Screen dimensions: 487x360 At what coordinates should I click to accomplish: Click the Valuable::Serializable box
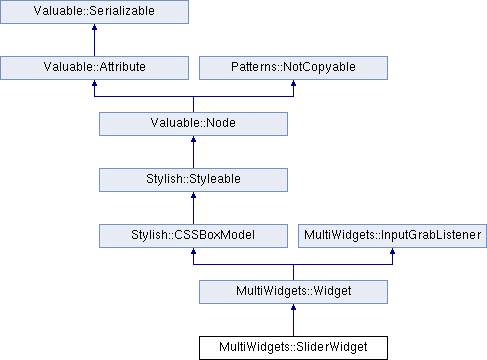point(94,12)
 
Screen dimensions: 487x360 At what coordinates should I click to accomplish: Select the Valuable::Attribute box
point(94,68)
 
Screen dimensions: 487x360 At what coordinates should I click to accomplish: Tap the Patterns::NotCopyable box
point(293,68)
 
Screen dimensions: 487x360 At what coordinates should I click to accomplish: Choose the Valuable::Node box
point(193,124)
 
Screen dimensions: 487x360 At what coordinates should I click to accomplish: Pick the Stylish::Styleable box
point(193,180)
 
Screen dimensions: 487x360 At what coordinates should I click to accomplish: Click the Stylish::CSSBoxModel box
point(193,236)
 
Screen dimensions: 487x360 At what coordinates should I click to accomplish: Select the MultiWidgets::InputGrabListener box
point(392,236)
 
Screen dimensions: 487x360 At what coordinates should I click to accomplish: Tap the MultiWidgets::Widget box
point(293,292)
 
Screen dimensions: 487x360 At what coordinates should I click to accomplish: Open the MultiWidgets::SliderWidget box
point(293,348)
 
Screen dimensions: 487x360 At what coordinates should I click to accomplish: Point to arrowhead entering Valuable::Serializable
point(94,27)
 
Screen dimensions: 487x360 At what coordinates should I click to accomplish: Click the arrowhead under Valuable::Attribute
point(94,83)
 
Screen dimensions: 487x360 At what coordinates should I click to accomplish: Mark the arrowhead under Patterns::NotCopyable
point(293,83)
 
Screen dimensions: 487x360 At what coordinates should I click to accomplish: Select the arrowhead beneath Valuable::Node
point(193,139)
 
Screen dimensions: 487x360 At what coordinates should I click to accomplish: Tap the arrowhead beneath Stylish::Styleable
point(193,195)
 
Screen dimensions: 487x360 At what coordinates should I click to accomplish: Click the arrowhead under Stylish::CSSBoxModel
point(193,251)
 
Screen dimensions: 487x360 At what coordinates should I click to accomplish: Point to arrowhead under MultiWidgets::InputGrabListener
point(392,251)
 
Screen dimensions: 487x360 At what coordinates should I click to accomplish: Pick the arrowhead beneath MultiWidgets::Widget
point(293,307)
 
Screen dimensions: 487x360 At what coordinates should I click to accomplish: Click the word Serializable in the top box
point(122,11)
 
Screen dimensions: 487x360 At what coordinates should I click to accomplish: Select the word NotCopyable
point(319,67)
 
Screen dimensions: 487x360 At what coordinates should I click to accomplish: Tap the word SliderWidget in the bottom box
point(332,347)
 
